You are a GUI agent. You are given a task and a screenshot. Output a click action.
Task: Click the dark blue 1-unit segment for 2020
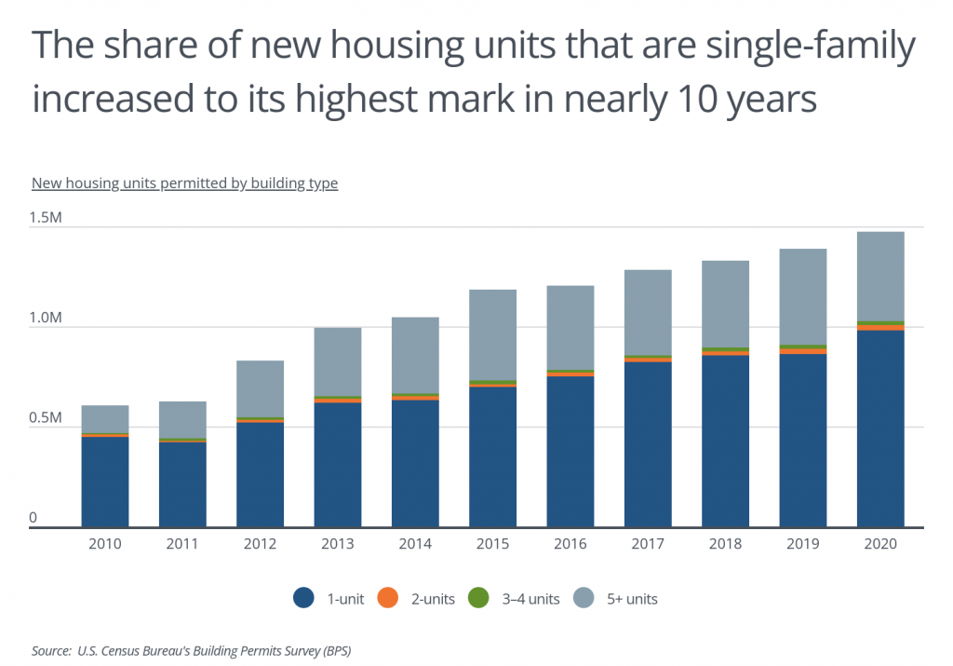point(880,428)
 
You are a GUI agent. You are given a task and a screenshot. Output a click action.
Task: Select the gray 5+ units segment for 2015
point(492,334)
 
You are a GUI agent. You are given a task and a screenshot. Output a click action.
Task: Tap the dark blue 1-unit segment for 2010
point(105,482)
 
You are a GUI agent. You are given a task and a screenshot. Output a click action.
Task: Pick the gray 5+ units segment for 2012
point(260,388)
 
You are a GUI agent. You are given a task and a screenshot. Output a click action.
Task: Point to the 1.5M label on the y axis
point(46,218)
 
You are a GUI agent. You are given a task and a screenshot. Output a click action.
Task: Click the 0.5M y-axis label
point(46,418)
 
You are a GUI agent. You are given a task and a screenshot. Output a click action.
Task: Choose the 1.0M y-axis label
point(46,319)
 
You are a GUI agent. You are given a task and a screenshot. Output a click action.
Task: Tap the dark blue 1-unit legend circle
point(303,599)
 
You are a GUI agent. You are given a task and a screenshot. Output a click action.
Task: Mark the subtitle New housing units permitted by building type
point(184,183)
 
